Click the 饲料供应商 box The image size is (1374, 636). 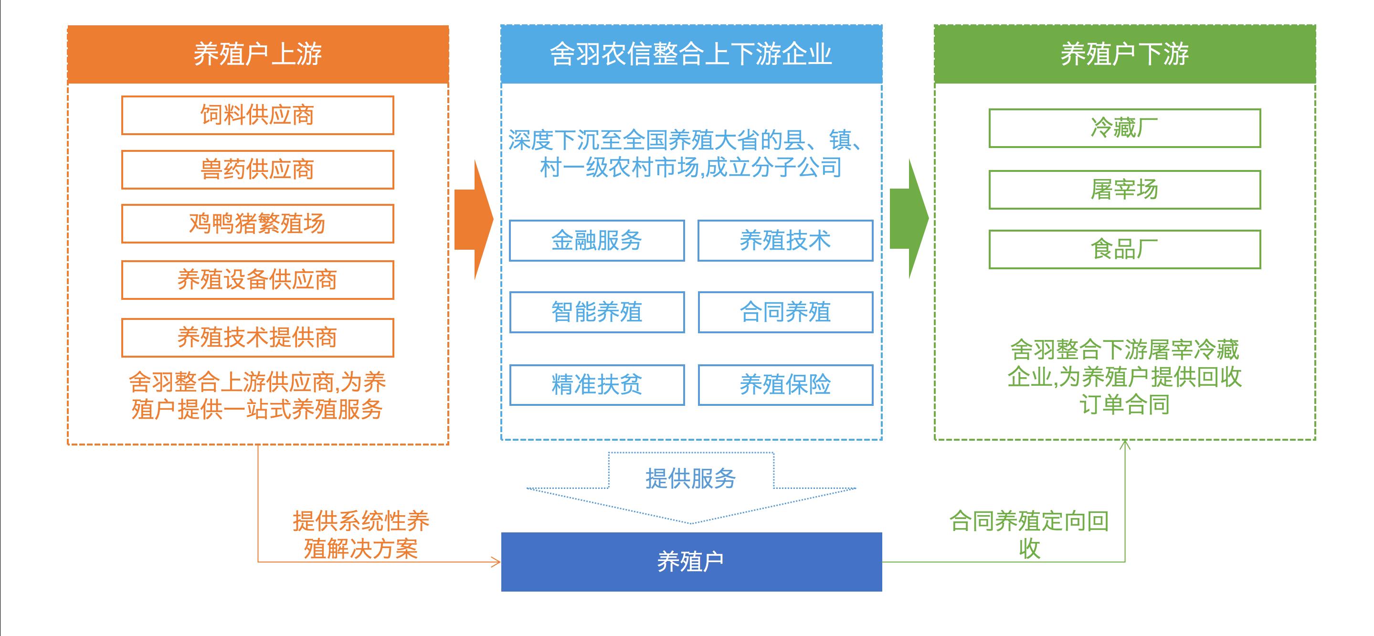tap(258, 115)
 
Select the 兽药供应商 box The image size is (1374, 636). tap(258, 170)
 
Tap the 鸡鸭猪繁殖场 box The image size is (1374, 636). tap(258, 223)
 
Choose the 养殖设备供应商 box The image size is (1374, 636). tap(258, 280)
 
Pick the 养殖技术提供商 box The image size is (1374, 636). tap(258, 338)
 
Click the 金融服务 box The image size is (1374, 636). tap(597, 241)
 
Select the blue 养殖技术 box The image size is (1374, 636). tap(785, 241)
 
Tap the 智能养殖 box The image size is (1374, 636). tap(597, 312)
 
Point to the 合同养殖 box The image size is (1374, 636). tap(785, 312)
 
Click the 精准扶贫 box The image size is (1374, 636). tap(597, 385)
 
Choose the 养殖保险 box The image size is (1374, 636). tap(785, 385)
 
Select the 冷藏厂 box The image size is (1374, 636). tap(1125, 128)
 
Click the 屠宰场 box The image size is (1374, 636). tap(1125, 190)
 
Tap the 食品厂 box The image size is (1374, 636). tap(1125, 249)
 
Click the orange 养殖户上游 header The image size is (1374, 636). tap(258, 54)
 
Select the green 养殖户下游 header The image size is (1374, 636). tap(1125, 54)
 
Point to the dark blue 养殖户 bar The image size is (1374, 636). tap(691, 562)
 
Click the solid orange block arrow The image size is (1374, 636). tap(474, 219)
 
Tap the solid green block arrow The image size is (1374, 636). tap(909, 219)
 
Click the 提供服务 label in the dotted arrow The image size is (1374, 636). tap(691, 478)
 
